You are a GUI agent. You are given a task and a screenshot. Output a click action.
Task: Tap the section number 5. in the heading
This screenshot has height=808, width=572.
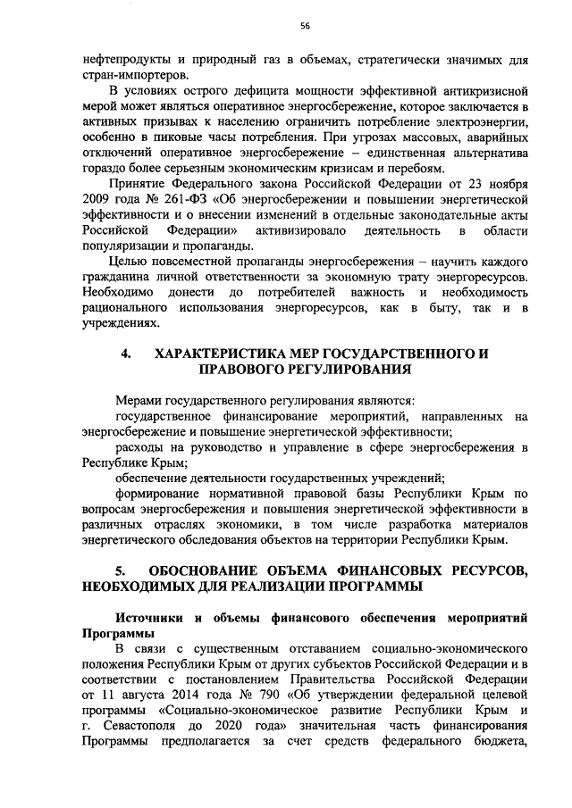pos(126,570)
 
